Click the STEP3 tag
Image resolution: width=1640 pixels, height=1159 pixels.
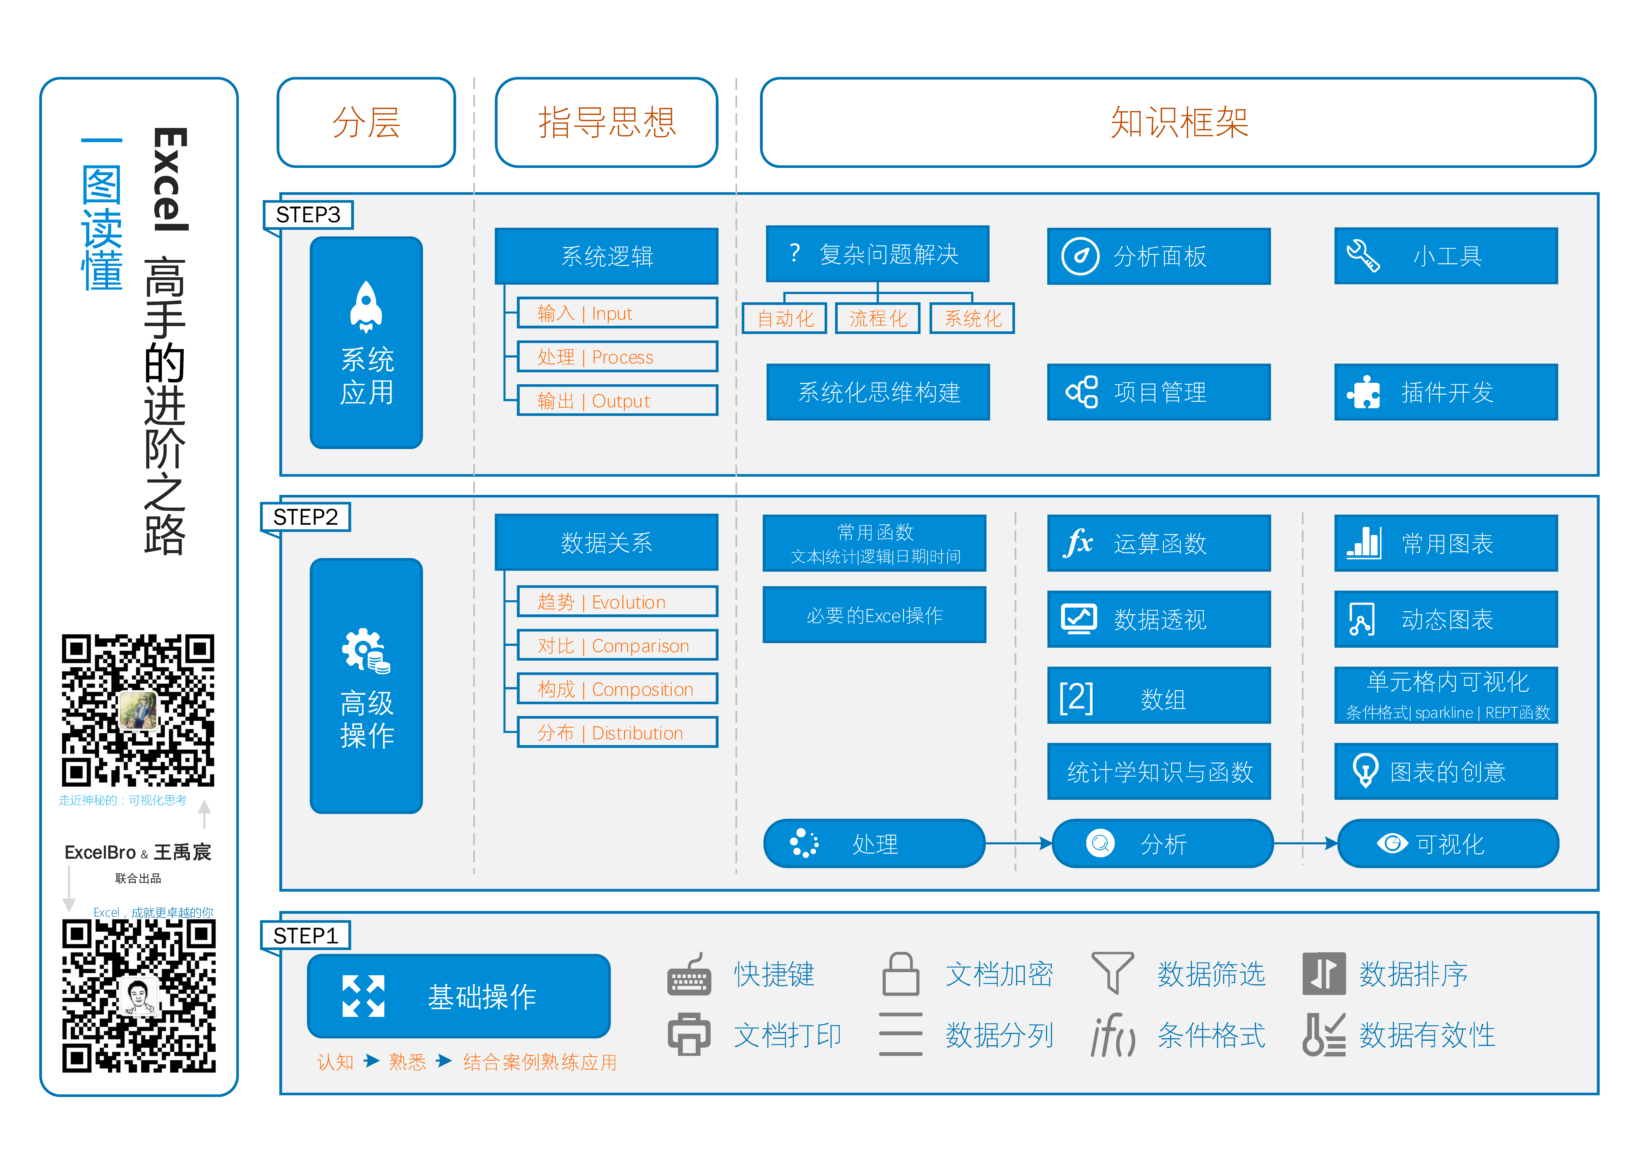(x=308, y=214)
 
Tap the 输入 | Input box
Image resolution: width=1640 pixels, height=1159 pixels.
(x=617, y=313)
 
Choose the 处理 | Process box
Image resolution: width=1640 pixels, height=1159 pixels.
(x=617, y=356)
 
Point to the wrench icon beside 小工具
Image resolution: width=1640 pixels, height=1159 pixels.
(x=1363, y=256)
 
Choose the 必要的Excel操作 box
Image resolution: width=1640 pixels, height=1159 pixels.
(x=874, y=615)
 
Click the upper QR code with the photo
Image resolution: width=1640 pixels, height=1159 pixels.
(x=138, y=710)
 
